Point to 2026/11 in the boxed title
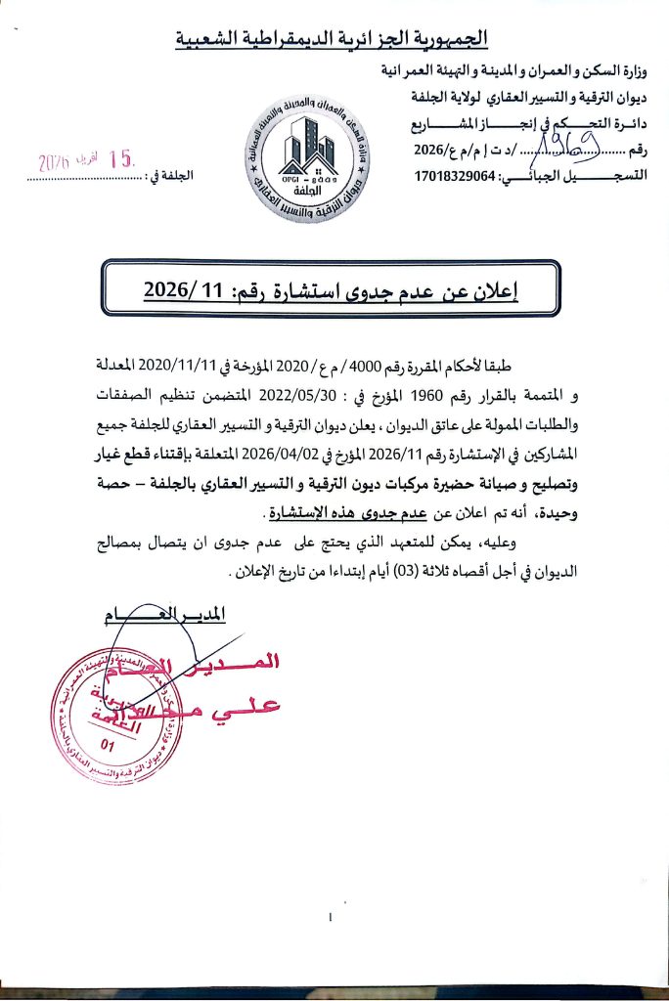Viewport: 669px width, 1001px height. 184,289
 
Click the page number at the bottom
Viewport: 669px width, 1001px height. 333,917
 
